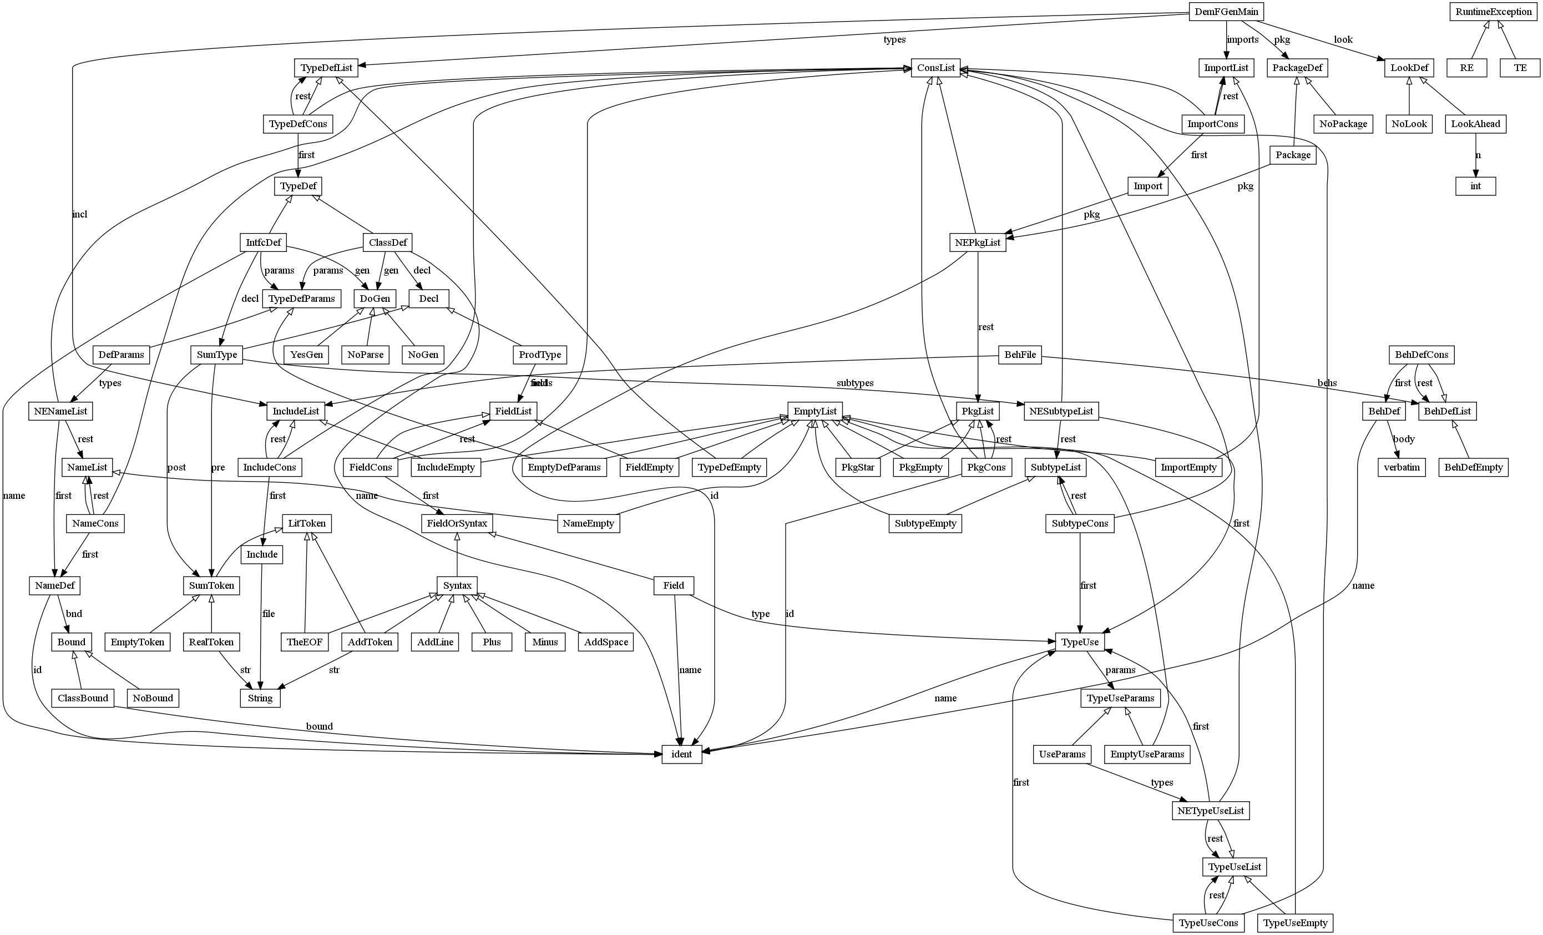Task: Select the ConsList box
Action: pos(936,68)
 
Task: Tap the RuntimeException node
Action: pos(1494,12)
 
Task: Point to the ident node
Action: pos(681,754)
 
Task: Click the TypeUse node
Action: pos(1080,642)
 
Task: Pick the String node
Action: pos(260,698)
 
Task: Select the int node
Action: pos(1475,186)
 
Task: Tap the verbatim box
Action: pos(1402,467)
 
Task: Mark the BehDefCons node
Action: pos(1421,355)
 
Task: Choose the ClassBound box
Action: pos(83,698)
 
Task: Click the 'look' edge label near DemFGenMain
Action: pos(1343,39)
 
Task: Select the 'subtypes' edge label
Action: pos(855,383)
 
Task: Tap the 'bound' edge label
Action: pos(320,726)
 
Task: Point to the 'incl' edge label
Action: pos(79,214)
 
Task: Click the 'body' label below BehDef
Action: pos(1403,439)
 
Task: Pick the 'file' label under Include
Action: pos(268,614)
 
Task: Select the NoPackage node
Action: pos(1343,124)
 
